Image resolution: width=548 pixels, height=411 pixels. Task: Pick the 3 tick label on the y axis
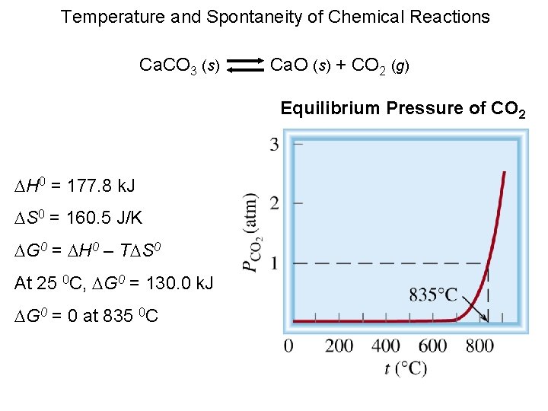(x=274, y=143)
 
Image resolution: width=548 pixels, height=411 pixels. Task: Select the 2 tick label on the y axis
(x=274, y=203)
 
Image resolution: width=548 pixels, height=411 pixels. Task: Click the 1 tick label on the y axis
(x=274, y=263)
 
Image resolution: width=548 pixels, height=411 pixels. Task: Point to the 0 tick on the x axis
(x=288, y=346)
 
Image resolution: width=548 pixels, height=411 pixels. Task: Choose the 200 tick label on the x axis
(x=339, y=346)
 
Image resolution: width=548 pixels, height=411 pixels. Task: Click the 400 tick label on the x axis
(x=386, y=346)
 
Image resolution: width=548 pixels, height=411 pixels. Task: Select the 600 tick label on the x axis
(x=433, y=346)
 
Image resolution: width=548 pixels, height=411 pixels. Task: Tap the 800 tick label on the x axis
(x=479, y=346)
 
